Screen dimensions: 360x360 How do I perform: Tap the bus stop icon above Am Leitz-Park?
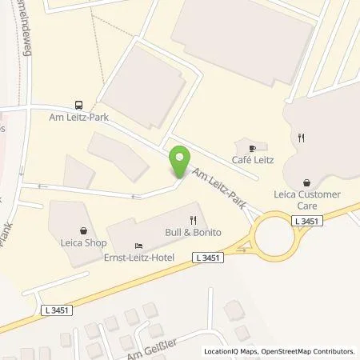[78, 105]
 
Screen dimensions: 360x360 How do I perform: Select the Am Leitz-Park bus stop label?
[79, 118]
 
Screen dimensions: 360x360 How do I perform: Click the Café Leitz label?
[253, 160]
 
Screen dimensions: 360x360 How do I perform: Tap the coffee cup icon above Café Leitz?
[253, 148]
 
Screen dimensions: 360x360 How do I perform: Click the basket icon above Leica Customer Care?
[306, 182]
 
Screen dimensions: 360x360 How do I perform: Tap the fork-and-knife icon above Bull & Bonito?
[193, 219]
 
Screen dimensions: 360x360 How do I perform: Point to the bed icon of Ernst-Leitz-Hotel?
[139, 245]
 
